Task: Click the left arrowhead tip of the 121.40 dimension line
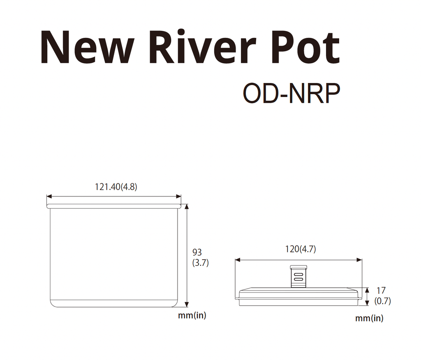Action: pyautogui.click(x=47, y=196)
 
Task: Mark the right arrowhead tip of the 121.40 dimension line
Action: pyautogui.click(x=181, y=196)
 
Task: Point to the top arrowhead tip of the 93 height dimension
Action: pyautogui.click(x=187, y=204)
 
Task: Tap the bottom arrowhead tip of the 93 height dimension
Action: pyautogui.click(x=187, y=307)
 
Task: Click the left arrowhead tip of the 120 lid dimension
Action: pyautogui.click(x=235, y=260)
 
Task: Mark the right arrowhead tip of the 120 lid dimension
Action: pyautogui.click(x=362, y=260)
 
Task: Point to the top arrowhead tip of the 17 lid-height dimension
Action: pyautogui.click(x=367, y=288)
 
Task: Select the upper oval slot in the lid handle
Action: pyautogui.click(x=298, y=275)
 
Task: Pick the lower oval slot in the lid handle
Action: pyautogui.click(x=298, y=279)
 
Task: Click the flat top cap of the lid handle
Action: pyautogui.click(x=298, y=267)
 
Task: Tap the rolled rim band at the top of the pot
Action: pyautogui.click(x=114, y=206)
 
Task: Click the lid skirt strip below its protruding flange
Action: pyautogui.click(x=298, y=302)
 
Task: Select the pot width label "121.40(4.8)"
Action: pyautogui.click(x=116, y=187)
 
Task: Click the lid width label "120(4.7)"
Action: pyautogui.click(x=301, y=249)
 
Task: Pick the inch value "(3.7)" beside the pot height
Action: pyautogui.click(x=201, y=263)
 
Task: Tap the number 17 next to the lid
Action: pyautogui.click(x=381, y=291)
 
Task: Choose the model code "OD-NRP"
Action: pyautogui.click(x=291, y=93)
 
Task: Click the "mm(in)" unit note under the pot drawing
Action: pyautogui.click(x=192, y=315)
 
